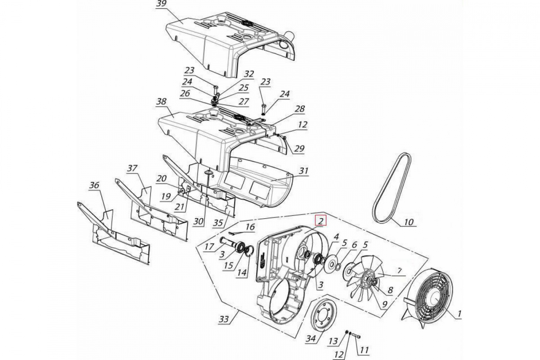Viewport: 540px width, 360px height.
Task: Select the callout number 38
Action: (161, 102)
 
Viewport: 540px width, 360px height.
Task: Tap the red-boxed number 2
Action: (320, 220)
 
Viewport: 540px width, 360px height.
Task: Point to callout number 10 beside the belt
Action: (409, 221)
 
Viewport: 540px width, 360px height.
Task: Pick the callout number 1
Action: (459, 314)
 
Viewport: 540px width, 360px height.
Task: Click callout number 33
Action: (224, 319)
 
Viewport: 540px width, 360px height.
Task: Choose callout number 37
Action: (132, 168)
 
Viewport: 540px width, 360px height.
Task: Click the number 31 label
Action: (303, 171)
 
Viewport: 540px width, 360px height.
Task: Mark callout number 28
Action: (300, 108)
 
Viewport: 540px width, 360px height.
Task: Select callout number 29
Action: (299, 148)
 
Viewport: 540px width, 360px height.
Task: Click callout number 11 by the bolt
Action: (364, 350)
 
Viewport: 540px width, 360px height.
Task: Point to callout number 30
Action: (198, 221)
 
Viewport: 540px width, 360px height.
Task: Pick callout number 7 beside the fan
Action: (399, 270)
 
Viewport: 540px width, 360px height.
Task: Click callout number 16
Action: (250, 227)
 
